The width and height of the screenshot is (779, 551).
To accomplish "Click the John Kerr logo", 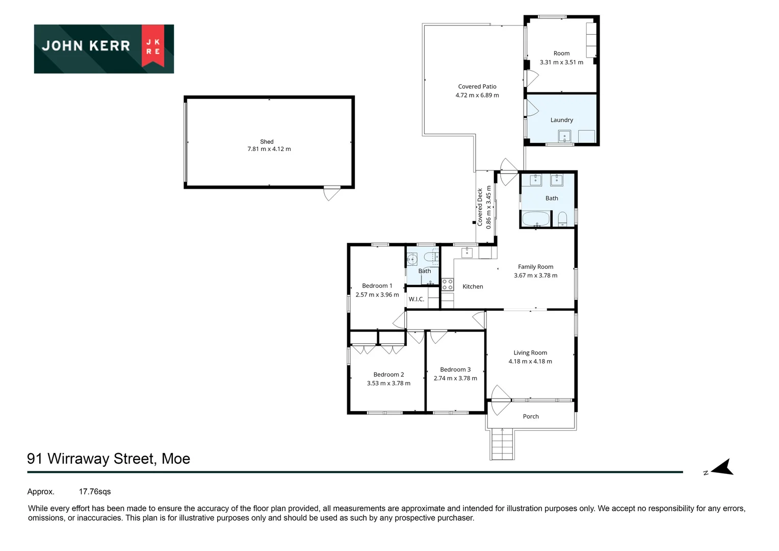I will [x=103, y=48].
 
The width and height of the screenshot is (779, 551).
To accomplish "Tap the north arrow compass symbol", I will [x=721, y=467].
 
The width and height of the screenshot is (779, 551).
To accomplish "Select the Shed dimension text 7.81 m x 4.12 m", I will [x=269, y=149].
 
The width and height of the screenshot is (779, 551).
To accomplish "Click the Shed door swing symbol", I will [x=331, y=194].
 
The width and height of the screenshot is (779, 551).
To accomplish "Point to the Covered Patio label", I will [x=477, y=87].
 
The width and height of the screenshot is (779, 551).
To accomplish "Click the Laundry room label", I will [x=561, y=120].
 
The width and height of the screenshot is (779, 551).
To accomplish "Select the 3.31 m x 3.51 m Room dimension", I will [x=561, y=62].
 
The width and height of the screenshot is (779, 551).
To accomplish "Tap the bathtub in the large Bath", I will [x=536, y=219].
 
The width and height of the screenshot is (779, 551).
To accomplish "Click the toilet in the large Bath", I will [x=562, y=219].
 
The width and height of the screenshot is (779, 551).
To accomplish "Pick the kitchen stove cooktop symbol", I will [x=447, y=284].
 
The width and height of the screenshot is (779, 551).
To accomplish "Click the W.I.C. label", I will [x=416, y=299].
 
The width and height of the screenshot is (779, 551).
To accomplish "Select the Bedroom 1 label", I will [x=377, y=286].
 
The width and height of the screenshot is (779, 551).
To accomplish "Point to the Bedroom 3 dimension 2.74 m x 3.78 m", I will [x=455, y=379].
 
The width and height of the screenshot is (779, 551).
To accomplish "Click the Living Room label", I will [x=530, y=353].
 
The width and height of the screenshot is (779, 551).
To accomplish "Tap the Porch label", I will [x=531, y=416].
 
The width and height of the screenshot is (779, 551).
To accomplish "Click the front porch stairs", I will [x=502, y=444].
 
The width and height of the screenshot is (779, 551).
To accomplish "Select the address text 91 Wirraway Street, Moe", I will [x=109, y=459].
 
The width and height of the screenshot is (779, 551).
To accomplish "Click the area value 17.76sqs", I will [x=95, y=492].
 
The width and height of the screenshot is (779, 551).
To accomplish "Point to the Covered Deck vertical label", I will [x=480, y=207].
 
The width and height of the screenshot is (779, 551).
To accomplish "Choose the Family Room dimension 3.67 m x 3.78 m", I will [x=535, y=275].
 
